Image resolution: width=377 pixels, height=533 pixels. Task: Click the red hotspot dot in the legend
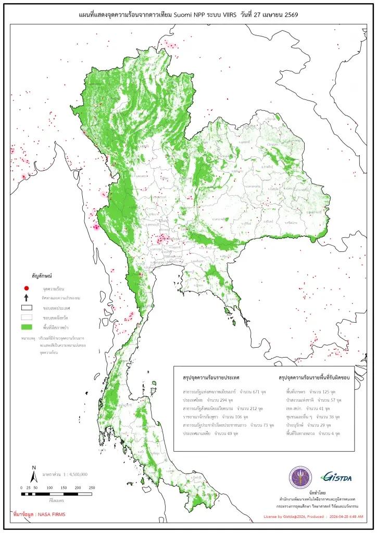click(x=26, y=288)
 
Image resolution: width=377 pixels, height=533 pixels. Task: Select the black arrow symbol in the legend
click(x=26, y=297)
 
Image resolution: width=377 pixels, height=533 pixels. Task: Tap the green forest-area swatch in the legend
click(x=26, y=326)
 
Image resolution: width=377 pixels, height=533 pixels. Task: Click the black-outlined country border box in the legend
click(x=26, y=307)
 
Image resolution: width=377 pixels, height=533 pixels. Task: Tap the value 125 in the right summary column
click(x=321, y=390)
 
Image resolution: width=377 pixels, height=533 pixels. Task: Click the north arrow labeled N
click(x=33, y=474)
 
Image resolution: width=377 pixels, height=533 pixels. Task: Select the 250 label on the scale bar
click(x=92, y=487)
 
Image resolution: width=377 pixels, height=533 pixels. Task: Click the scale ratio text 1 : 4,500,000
click(x=68, y=474)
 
